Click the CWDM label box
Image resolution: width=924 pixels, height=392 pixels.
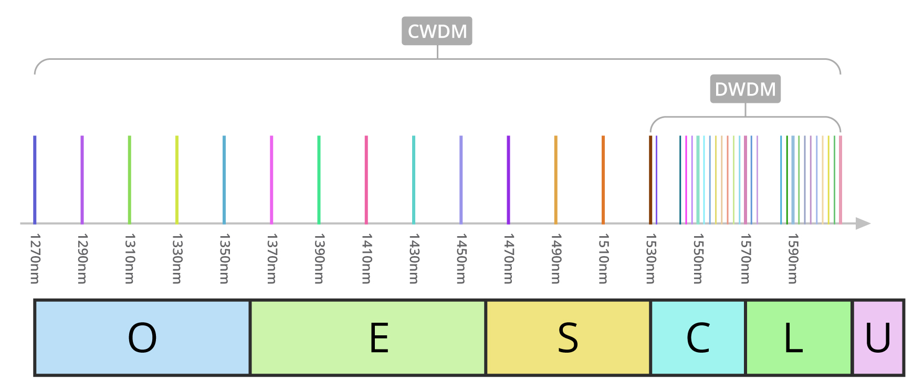(x=437, y=31)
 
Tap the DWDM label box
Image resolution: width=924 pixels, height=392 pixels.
(x=745, y=89)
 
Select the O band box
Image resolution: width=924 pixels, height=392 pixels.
(x=142, y=337)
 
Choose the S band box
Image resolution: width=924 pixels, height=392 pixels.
(x=568, y=337)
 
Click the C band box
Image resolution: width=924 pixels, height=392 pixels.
(x=698, y=337)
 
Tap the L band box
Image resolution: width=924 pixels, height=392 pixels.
(x=798, y=337)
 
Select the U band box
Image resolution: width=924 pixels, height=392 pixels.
(x=878, y=337)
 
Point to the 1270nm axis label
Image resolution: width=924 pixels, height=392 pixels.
(x=35, y=259)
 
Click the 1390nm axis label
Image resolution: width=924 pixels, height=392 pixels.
(x=319, y=259)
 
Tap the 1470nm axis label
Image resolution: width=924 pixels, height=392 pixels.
(x=508, y=259)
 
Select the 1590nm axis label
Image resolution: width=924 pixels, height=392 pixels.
(x=792, y=259)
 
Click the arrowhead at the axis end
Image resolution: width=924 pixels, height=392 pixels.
(x=863, y=224)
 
